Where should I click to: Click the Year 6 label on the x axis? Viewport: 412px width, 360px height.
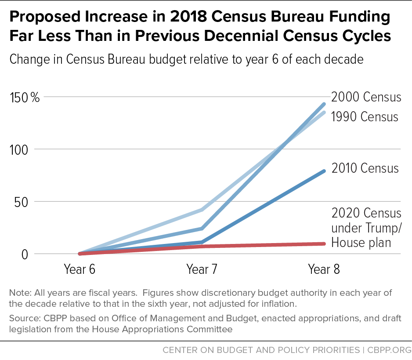click(80, 269)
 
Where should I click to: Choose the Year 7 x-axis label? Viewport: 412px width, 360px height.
click(202, 269)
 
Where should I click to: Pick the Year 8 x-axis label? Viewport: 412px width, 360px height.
click(324, 269)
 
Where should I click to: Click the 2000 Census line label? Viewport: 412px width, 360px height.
click(366, 97)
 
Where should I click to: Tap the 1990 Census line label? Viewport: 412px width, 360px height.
click(365, 116)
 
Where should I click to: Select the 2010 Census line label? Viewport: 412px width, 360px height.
click(365, 168)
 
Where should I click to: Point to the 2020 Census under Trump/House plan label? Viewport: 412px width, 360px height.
click(366, 227)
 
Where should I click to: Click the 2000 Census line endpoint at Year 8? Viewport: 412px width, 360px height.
click(324, 104)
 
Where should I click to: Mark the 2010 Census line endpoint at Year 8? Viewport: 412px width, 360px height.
click(324, 171)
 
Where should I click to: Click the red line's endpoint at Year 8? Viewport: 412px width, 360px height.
click(324, 244)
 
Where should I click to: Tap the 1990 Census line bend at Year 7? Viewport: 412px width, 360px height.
click(202, 210)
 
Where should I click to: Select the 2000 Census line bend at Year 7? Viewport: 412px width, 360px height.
click(202, 229)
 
